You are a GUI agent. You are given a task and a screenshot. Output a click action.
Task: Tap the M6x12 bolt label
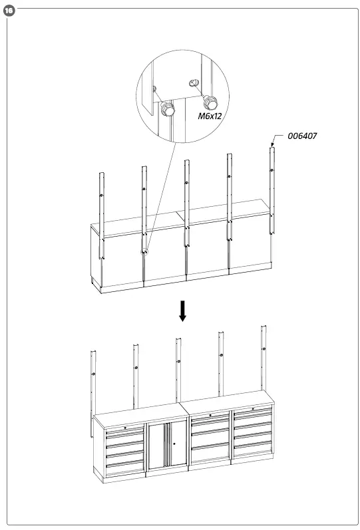(x=210, y=115)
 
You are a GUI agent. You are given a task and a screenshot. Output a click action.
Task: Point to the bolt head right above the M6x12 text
(x=212, y=102)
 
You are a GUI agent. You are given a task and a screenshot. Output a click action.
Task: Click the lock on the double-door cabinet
(x=174, y=442)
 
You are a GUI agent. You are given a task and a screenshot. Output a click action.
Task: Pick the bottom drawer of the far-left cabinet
(x=125, y=467)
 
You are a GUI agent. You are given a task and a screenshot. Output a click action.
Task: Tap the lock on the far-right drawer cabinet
(x=252, y=410)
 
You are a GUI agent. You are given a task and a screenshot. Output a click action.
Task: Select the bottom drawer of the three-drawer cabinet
(x=210, y=456)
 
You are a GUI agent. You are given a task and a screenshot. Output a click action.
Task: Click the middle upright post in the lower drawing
(x=178, y=372)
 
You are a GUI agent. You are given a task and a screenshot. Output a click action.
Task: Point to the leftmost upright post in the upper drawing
(x=101, y=213)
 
